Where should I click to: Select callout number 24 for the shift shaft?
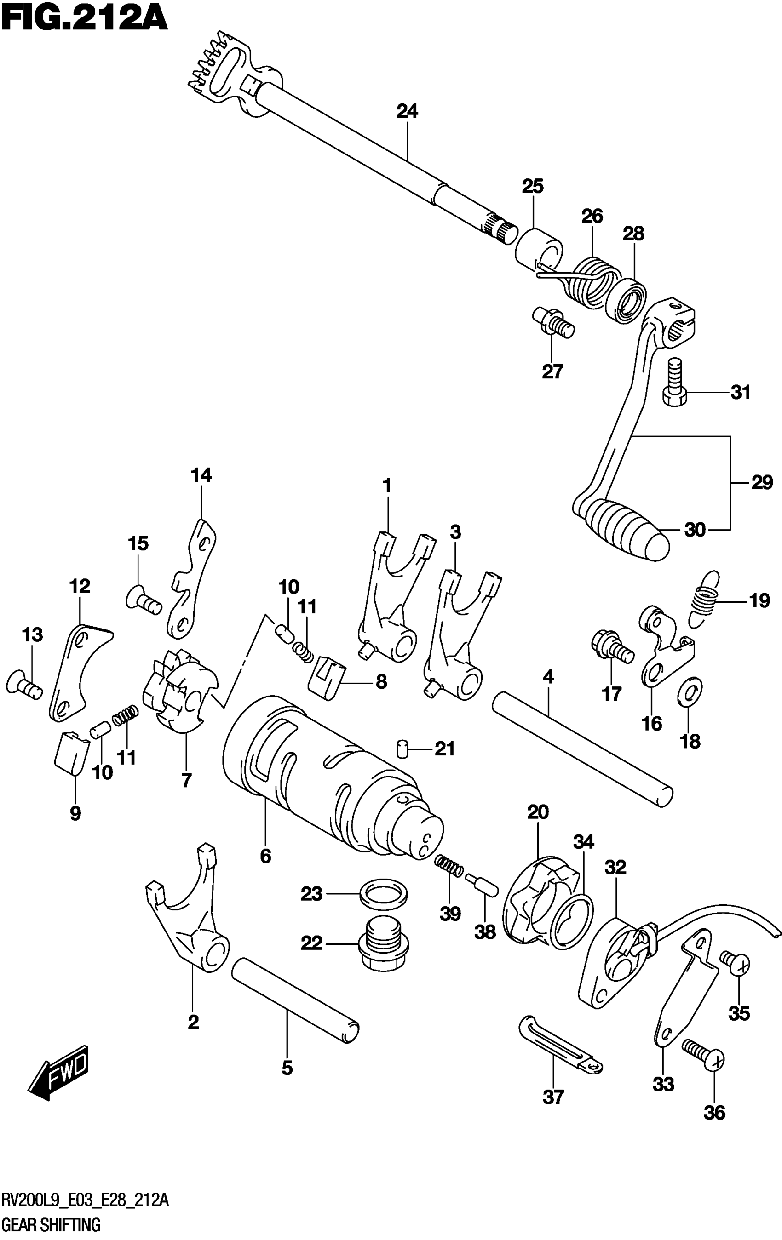tap(407, 111)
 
